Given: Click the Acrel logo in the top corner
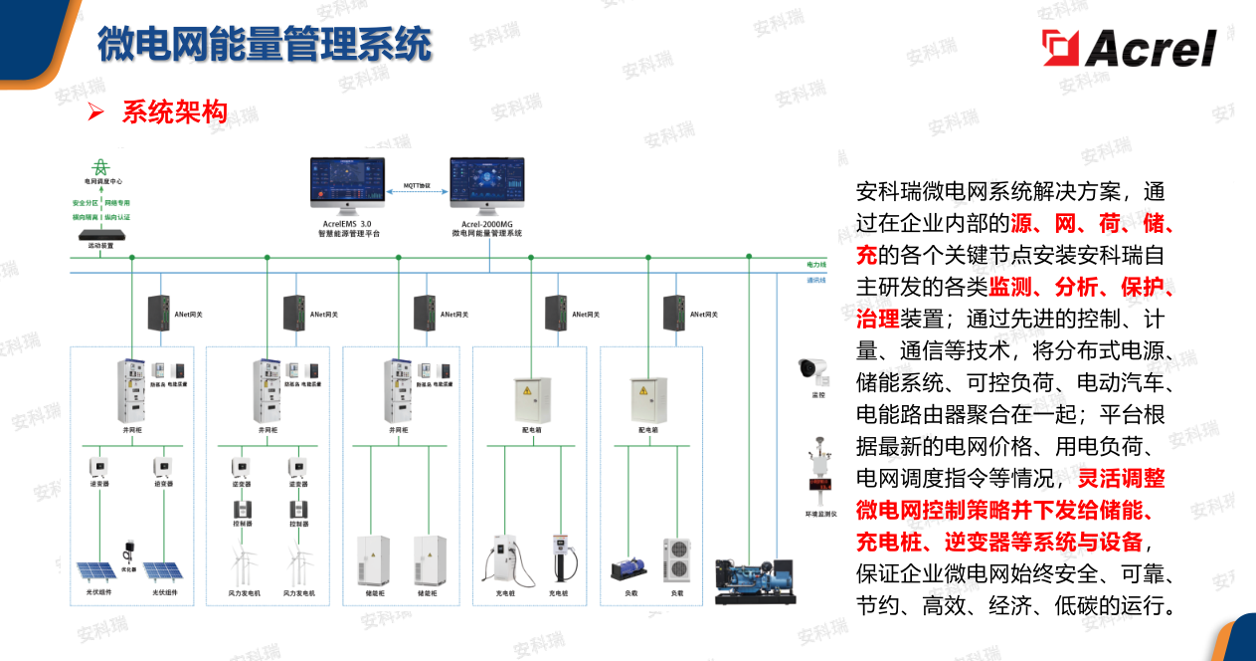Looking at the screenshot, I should (x=1129, y=47).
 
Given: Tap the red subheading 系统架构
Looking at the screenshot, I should (x=175, y=112).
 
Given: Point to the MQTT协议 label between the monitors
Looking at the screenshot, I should (x=417, y=185).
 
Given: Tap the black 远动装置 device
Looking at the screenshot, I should (x=100, y=234).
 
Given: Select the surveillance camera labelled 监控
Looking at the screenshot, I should (x=813, y=371).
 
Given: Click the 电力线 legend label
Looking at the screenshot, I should (x=816, y=265).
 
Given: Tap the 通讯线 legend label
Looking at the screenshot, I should (x=816, y=280).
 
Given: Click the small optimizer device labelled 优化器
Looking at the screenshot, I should (x=128, y=551).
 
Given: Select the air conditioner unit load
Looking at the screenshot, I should (x=677, y=559).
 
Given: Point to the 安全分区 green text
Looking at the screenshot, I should (x=87, y=202).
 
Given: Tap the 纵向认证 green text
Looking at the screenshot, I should (x=117, y=216).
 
